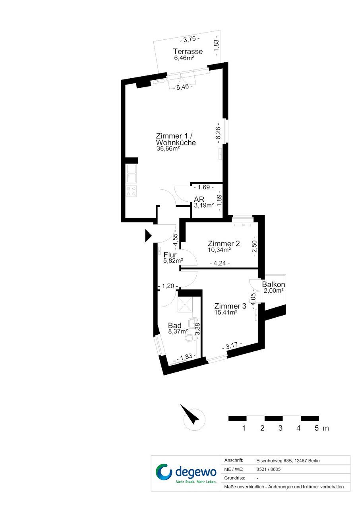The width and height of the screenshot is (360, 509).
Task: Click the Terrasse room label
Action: [x=188, y=51]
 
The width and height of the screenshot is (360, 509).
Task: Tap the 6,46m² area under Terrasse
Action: [x=184, y=58]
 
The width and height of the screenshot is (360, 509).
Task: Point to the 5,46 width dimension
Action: [x=183, y=87]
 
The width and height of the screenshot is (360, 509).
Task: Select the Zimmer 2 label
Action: [x=224, y=244]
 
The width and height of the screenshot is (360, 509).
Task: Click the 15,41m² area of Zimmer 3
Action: [x=226, y=312]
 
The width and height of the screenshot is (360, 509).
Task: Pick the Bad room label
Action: [x=175, y=326]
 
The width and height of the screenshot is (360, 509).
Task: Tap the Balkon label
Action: [x=273, y=284]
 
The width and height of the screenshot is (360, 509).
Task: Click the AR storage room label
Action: [x=199, y=199]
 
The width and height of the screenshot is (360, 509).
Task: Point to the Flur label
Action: [x=170, y=255]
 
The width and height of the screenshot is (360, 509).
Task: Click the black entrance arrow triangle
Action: [x=148, y=235]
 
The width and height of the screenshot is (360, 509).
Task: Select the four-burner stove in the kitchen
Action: [x=132, y=191]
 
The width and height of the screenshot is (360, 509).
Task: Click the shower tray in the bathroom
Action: [x=185, y=305]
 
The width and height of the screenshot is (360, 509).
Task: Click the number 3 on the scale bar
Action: [x=281, y=428]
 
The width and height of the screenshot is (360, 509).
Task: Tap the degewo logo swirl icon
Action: [x=164, y=472]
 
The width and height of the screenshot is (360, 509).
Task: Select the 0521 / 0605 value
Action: [x=268, y=469]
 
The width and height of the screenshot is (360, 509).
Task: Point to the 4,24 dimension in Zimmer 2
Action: [x=220, y=263]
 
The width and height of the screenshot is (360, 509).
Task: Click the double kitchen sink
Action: [x=132, y=174]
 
